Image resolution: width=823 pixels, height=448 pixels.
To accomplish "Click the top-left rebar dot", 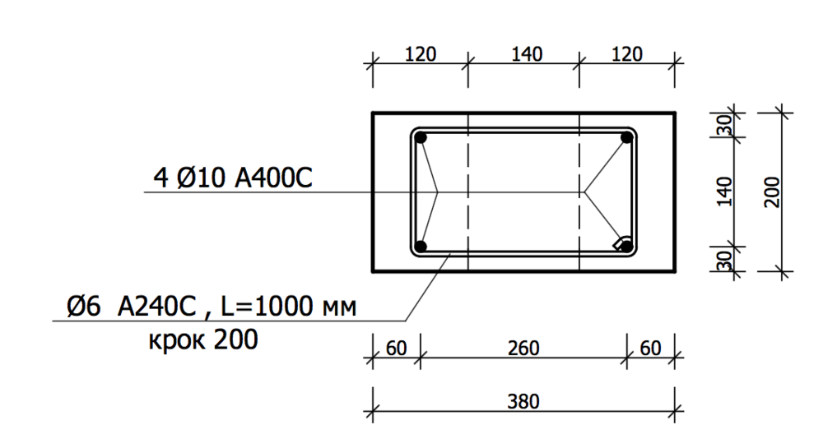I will [421, 138].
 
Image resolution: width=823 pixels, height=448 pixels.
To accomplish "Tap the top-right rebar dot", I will [627, 138].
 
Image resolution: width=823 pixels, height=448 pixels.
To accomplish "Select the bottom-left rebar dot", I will [421, 246].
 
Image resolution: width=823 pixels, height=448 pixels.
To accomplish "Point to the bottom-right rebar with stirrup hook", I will [625, 244].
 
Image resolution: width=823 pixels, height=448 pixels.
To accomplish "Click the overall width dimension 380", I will [523, 402].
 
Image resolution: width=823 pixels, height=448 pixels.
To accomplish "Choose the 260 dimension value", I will [523, 349].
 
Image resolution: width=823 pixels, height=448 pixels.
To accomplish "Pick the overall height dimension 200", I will [771, 192].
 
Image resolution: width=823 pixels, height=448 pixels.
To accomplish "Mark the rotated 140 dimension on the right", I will [725, 192].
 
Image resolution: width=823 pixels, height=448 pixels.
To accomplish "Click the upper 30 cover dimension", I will [725, 125].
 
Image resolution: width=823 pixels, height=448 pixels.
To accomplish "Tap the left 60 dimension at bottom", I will [396, 349].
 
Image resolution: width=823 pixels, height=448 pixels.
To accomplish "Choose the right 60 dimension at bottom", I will [650, 349].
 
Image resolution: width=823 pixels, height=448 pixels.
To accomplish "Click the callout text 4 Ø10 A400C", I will [233, 177].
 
